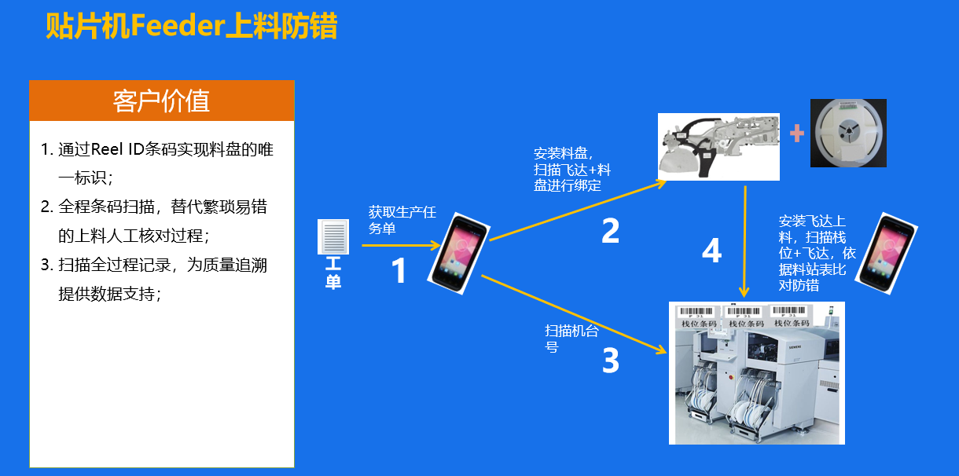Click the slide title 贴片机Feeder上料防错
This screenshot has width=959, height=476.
click(x=191, y=26)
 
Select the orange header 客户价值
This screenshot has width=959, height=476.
click(x=162, y=101)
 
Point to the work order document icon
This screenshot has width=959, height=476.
click(x=333, y=236)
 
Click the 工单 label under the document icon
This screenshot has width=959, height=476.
click(x=333, y=273)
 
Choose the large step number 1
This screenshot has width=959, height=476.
click(x=399, y=270)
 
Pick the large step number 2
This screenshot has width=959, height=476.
click(x=611, y=230)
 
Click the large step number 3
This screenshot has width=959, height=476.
click(x=611, y=360)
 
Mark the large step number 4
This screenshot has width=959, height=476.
click(x=712, y=251)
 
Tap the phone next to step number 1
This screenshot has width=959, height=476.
click(x=458, y=253)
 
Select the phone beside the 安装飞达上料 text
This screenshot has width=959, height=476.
click(x=886, y=253)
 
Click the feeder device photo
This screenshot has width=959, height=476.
click(x=718, y=147)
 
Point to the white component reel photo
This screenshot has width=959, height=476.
click(x=848, y=133)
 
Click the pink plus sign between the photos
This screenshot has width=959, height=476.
click(x=797, y=133)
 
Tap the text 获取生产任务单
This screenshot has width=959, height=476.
click(x=402, y=220)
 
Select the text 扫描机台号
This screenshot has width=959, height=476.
click(x=571, y=339)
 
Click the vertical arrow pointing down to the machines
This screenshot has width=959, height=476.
click(x=745, y=242)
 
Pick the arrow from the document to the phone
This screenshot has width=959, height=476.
click(x=401, y=246)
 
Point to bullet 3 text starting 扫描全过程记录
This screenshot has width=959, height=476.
click(x=154, y=280)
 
